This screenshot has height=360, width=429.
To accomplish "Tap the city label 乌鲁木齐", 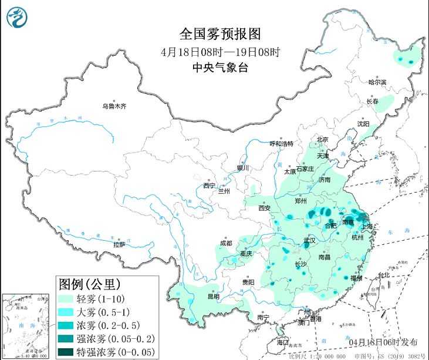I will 114,106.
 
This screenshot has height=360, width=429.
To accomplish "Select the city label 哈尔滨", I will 377,83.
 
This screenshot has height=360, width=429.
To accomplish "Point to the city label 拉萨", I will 119,244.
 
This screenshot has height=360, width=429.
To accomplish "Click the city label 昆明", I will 212,297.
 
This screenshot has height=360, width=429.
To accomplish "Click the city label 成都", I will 225,243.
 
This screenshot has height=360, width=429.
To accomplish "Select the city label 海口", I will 283,342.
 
